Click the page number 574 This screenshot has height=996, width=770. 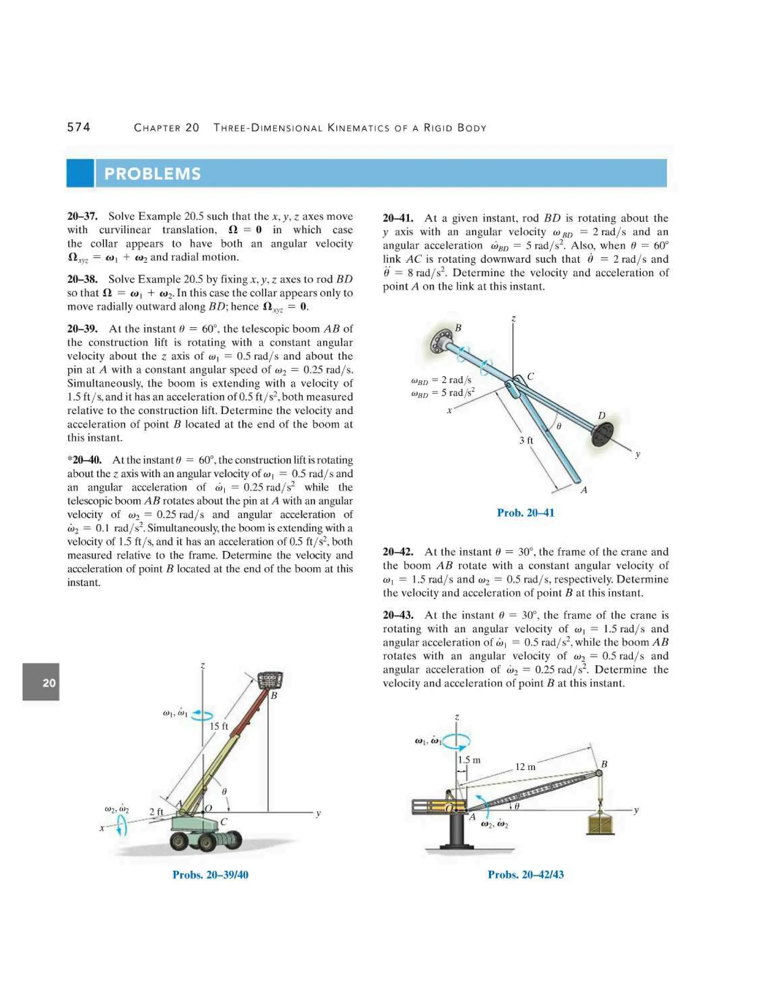(79, 127)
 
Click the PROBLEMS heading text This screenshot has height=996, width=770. (152, 174)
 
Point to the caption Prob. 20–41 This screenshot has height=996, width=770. (526, 513)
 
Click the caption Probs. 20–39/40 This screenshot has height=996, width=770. (210, 875)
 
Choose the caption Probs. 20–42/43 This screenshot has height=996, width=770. (526, 875)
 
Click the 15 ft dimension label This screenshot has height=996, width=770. (218, 726)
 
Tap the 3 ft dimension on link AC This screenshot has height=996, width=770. (526, 440)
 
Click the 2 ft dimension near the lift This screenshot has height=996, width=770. (156, 811)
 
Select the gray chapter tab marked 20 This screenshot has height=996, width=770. (41, 682)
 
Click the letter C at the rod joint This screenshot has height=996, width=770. (531, 376)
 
